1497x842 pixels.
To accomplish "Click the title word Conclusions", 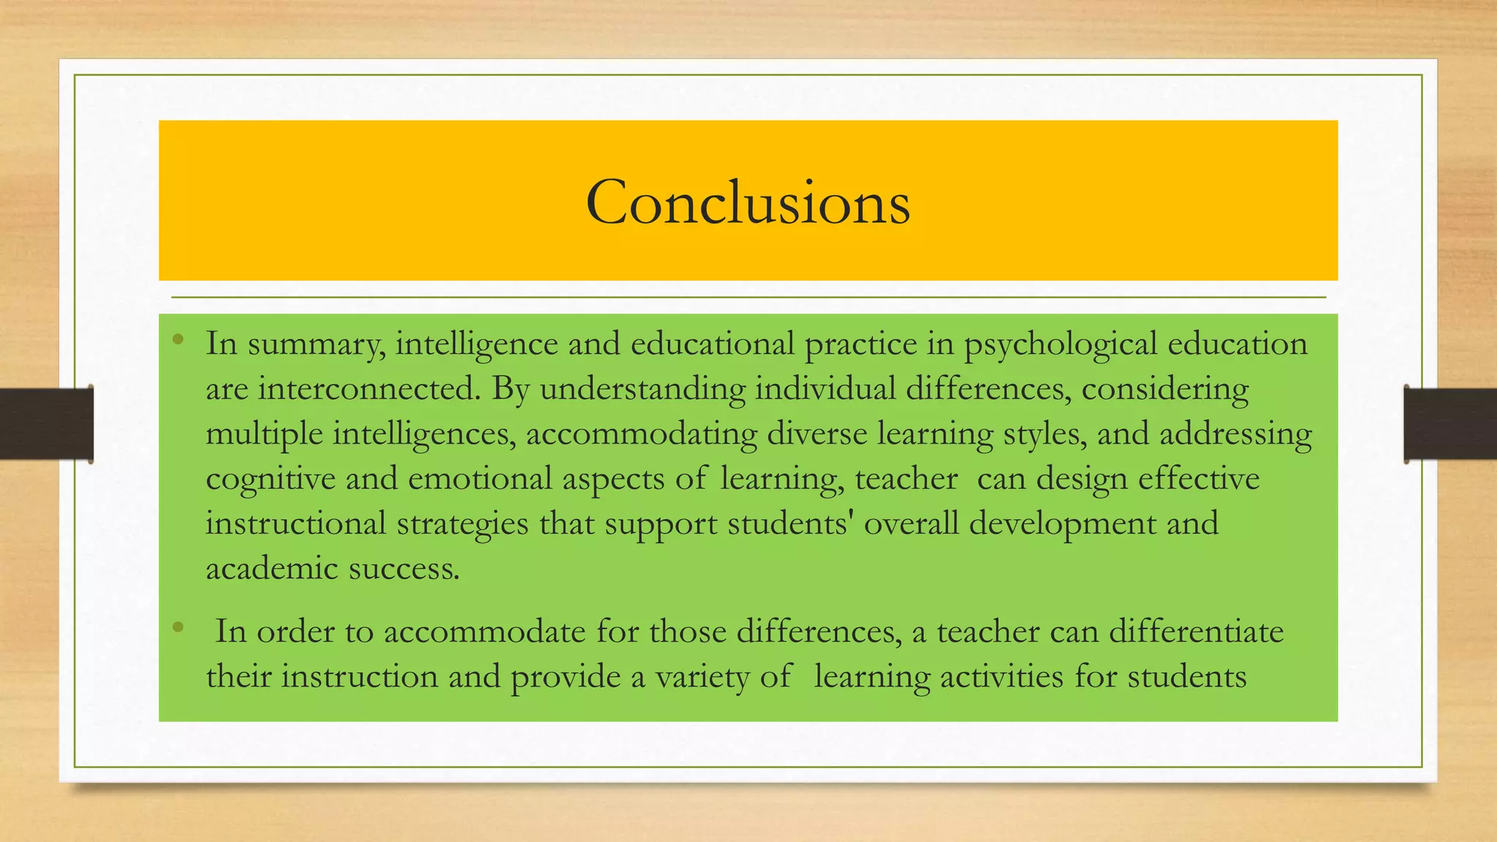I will (748, 202).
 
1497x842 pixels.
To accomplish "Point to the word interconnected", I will (369, 388).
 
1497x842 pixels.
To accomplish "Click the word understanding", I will (643, 388).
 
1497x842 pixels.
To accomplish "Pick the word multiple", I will (264, 433).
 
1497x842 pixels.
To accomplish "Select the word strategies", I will (462, 524).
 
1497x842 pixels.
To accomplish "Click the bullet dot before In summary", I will (178, 338).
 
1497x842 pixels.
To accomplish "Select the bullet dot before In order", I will (178, 626).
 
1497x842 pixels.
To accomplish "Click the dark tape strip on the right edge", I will (1450, 424).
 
